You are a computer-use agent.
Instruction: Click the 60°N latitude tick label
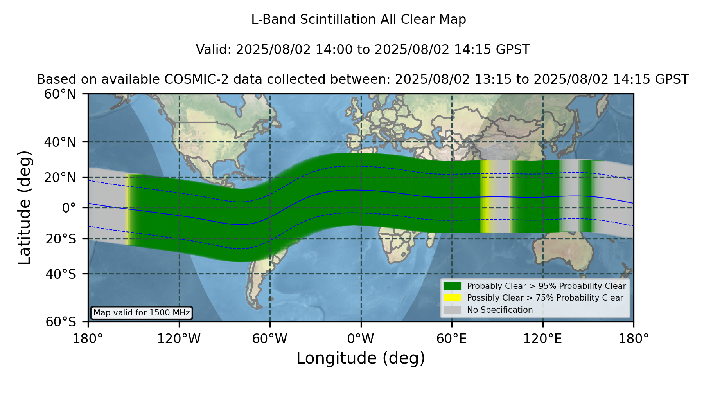click(60, 94)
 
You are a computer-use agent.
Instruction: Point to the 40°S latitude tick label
click(61, 274)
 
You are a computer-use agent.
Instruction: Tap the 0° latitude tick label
click(69, 207)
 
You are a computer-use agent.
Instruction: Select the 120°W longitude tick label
click(179, 339)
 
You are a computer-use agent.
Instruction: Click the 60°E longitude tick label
click(452, 339)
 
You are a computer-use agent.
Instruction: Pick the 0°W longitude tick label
click(361, 339)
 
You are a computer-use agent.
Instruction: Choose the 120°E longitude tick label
click(542, 339)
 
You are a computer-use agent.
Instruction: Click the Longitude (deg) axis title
click(361, 358)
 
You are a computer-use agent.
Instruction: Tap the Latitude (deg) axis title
click(25, 207)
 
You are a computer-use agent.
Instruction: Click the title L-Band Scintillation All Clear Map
click(359, 20)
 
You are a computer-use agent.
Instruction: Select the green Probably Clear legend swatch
click(453, 286)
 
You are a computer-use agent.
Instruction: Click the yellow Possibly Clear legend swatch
click(453, 298)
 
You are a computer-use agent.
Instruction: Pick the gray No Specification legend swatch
click(453, 310)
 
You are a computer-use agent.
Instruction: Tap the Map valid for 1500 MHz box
click(142, 313)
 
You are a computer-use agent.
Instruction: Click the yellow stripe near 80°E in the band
click(485, 196)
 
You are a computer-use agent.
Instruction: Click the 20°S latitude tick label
click(61, 239)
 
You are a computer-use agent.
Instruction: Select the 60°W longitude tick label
click(270, 339)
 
